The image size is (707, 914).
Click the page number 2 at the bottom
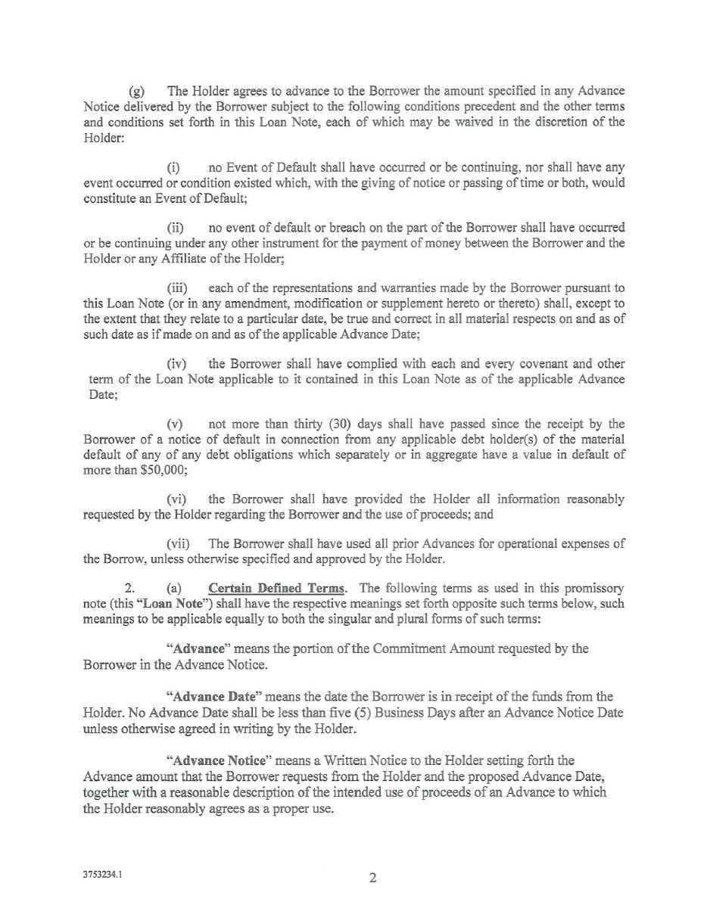click(x=372, y=878)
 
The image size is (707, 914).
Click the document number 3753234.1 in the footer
click(x=102, y=875)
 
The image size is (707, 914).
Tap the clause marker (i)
click(x=173, y=167)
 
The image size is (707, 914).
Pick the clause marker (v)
click(x=175, y=424)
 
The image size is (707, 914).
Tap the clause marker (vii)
click(x=179, y=544)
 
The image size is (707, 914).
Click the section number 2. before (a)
click(x=129, y=589)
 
